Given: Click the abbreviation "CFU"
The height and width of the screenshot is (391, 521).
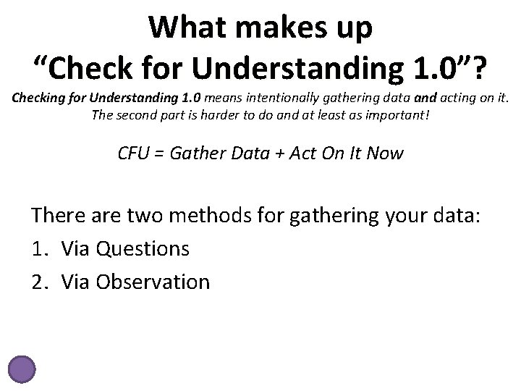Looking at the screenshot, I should [x=135, y=154].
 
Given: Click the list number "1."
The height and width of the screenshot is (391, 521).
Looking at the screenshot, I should [x=39, y=248].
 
